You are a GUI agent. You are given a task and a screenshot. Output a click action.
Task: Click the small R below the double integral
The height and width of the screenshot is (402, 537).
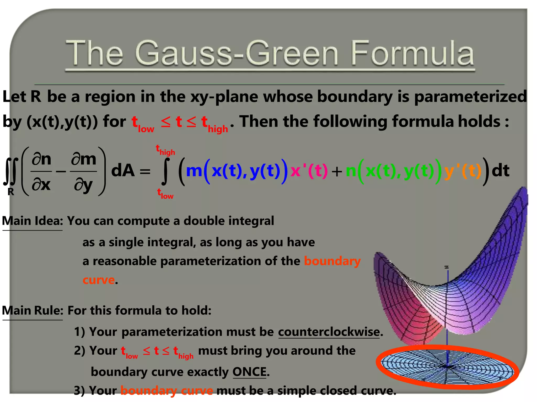pyautogui.click(x=11, y=192)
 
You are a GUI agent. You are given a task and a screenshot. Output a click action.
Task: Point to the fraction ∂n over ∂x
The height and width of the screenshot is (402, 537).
pyautogui.click(x=41, y=171)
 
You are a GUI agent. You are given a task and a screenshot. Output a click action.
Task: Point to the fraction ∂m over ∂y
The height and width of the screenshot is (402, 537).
pyautogui.click(x=84, y=171)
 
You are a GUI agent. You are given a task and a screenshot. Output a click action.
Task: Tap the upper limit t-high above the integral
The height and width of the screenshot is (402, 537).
pyautogui.click(x=165, y=150)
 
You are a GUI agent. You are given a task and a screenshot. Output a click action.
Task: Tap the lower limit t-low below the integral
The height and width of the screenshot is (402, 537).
pyautogui.click(x=165, y=194)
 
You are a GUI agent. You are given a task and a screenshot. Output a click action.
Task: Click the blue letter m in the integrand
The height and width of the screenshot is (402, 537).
pyautogui.click(x=194, y=171)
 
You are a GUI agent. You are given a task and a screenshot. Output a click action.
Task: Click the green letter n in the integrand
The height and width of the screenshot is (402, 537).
pyautogui.click(x=351, y=171)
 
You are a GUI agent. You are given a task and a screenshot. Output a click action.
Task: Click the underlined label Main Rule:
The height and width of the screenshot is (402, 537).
pyautogui.click(x=33, y=311)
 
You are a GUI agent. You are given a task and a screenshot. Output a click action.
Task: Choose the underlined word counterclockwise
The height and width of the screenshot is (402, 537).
pyautogui.click(x=329, y=332)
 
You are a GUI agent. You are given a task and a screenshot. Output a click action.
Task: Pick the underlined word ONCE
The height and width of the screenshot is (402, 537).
pyautogui.click(x=249, y=372)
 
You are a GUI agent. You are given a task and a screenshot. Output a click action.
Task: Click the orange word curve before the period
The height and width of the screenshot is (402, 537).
pyautogui.click(x=99, y=280)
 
